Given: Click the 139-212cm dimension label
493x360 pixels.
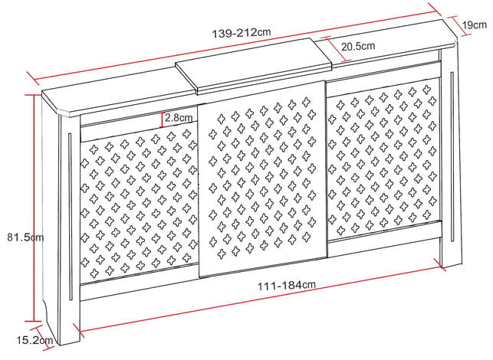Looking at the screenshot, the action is [x=242, y=33].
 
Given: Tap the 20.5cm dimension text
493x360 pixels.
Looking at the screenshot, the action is [x=358, y=47].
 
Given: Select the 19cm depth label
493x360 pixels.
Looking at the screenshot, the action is [x=475, y=25].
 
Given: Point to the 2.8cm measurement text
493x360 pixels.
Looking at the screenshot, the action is [x=179, y=118].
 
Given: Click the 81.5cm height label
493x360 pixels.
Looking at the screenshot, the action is [x=25, y=237].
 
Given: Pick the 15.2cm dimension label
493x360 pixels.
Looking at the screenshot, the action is [x=35, y=340].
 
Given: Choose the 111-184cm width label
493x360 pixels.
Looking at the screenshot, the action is [x=287, y=286].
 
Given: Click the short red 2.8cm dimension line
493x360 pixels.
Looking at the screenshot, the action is [x=162, y=119].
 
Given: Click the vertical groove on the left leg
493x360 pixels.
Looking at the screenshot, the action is [x=70, y=217].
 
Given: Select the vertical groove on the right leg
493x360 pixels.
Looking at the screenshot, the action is [x=452, y=156].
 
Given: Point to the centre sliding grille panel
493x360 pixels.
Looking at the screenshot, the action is [x=262, y=178].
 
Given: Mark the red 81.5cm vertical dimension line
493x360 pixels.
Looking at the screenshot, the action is [x=33, y=208].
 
